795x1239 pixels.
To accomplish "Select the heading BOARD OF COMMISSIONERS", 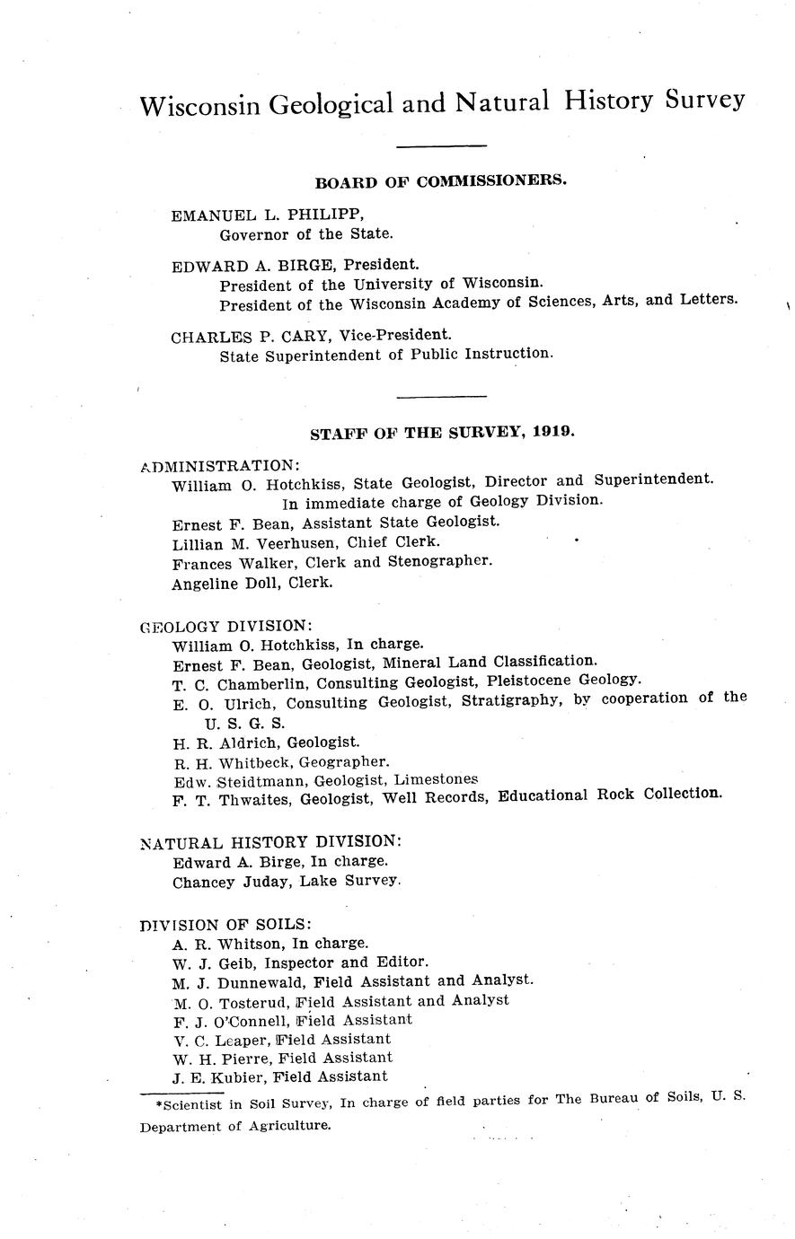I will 440,180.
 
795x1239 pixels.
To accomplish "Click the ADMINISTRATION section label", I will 220,465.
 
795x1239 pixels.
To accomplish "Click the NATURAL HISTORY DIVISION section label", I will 270,842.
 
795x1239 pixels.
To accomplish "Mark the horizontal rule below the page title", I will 441,146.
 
